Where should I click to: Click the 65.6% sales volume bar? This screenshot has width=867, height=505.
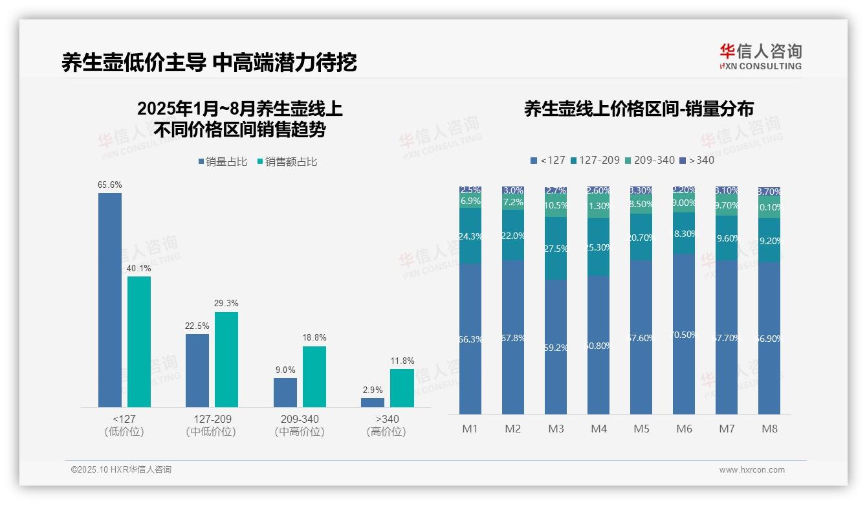pos(110,300)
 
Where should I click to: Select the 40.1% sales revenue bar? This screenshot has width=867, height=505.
pos(139,342)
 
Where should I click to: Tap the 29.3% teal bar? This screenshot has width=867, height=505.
pos(226,359)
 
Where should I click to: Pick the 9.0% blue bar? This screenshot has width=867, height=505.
pos(285,392)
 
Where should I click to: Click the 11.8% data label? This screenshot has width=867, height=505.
pos(402,361)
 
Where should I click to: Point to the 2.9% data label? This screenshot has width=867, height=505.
pos(373,390)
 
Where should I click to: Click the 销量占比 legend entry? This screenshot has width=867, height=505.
pos(222,162)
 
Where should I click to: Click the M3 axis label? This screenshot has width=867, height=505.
pos(556,429)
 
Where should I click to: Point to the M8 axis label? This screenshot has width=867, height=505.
pos(769,429)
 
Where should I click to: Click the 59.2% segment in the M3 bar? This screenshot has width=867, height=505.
pos(556,347)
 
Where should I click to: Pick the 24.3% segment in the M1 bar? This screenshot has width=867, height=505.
pos(470,236)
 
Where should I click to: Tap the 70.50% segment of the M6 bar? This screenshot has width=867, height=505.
pos(684,334)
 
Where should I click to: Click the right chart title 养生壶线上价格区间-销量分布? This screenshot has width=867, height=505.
pos(639,109)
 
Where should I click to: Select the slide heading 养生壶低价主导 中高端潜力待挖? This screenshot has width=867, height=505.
pos(209,62)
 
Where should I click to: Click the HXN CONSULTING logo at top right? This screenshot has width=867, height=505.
pos(760,57)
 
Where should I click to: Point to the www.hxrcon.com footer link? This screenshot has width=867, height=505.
pos(752,470)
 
